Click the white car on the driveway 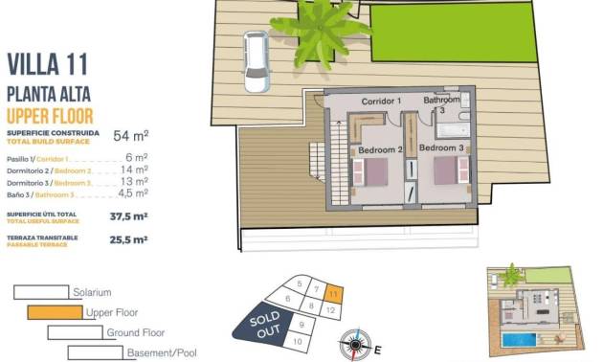point(257,61)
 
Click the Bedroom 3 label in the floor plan point(442,149)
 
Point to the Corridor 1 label point(380,101)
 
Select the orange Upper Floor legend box point(55,311)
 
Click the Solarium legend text point(92,291)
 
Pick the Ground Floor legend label point(137,332)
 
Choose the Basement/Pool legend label point(163,352)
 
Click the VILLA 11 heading point(48,64)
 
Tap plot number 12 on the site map point(329,310)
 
